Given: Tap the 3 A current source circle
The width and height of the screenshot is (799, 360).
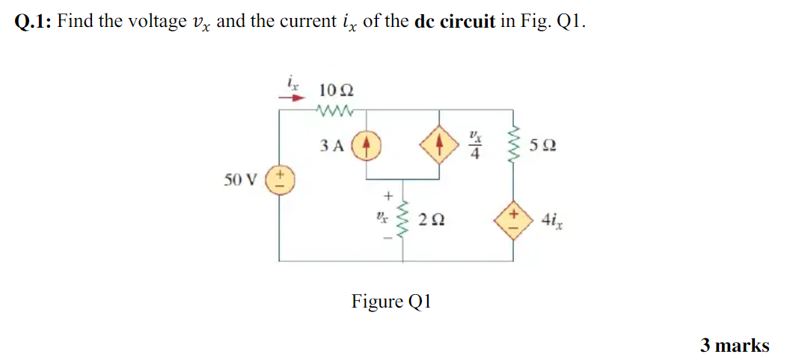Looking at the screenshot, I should point(366,145).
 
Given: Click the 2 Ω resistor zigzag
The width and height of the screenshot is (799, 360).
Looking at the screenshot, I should point(404,219).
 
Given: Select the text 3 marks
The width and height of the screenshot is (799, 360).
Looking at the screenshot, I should point(734,345).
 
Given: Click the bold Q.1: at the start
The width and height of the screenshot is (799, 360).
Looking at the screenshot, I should point(33,21).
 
